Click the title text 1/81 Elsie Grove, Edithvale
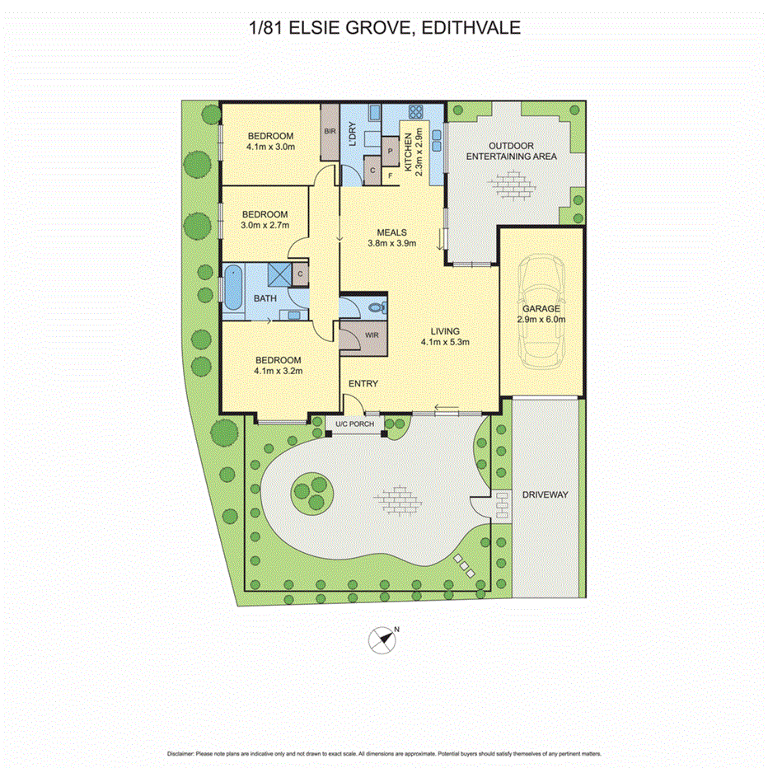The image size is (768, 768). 384,29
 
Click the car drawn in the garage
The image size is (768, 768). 541,311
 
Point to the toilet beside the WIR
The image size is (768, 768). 376,307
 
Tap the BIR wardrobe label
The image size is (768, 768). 330,132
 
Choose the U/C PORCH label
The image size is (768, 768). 354,425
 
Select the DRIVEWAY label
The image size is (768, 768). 545,495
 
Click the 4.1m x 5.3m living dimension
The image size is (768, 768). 445,343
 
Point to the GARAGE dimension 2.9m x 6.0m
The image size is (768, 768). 541,320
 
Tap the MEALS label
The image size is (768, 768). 391,232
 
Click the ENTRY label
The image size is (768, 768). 363,384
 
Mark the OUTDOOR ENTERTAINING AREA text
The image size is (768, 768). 511,150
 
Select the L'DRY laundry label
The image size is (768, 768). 352,137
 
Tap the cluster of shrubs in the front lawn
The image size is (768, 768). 311,492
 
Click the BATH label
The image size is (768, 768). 265,298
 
